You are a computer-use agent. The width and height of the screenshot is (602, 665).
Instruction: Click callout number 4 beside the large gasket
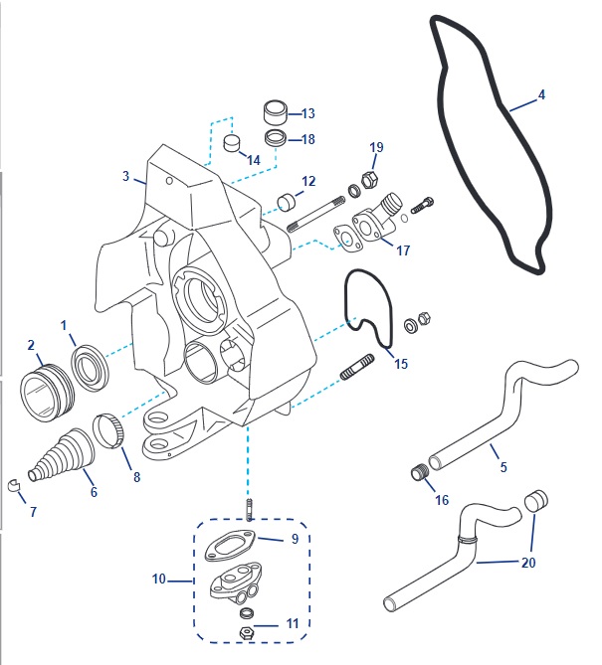point(541,96)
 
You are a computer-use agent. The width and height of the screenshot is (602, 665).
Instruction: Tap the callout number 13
point(308,114)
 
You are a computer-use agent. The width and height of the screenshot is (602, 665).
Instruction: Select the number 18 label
point(308,140)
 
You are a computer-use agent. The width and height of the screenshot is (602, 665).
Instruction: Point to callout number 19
point(376,148)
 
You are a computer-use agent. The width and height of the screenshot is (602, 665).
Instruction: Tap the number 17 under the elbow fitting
point(402,251)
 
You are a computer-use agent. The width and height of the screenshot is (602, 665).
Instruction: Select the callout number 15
point(401,365)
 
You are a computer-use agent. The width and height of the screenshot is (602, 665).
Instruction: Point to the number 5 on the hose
point(503,467)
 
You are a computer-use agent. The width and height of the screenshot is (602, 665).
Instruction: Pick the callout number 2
point(32,346)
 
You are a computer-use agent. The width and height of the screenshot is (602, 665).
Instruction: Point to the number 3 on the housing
point(126,177)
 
